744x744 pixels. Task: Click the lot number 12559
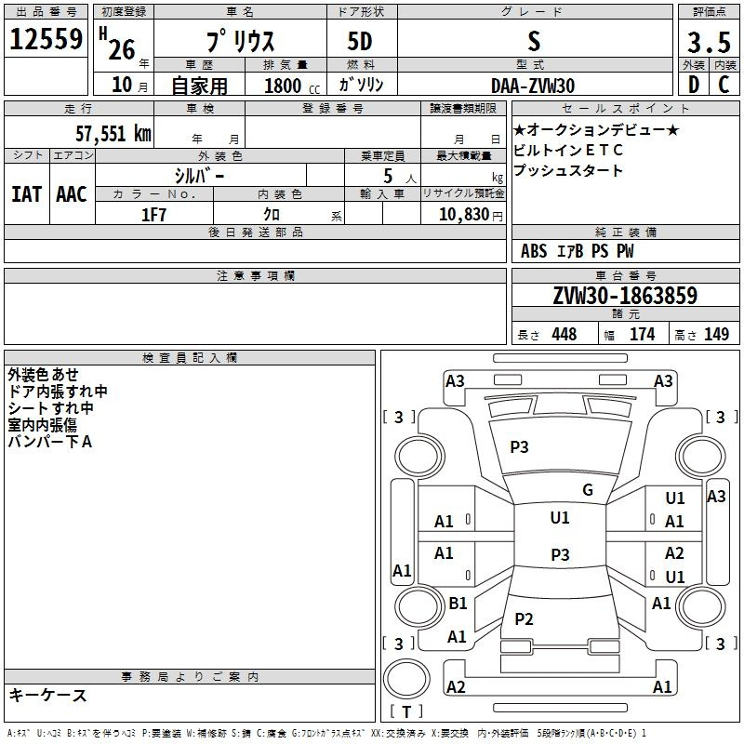(x=46, y=39)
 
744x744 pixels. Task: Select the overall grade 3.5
(x=709, y=42)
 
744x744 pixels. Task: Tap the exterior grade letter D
(x=694, y=85)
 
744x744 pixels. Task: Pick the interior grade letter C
(x=724, y=85)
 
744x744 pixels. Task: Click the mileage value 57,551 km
(x=113, y=134)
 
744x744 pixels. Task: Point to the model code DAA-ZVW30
(x=533, y=86)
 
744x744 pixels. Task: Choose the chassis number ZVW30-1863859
(x=625, y=295)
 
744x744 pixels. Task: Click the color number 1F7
(x=153, y=215)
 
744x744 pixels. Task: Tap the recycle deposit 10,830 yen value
(x=471, y=215)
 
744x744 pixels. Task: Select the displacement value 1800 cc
(x=292, y=86)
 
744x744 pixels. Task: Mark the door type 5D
(x=360, y=42)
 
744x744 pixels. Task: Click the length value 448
(x=565, y=334)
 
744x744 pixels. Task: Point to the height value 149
(x=716, y=334)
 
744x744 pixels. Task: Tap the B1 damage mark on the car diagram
(x=458, y=603)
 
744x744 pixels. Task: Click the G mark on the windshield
(x=588, y=490)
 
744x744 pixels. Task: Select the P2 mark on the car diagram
(x=524, y=618)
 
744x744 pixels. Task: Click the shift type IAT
(x=26, y=194)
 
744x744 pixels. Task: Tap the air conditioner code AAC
(x=72, y=194)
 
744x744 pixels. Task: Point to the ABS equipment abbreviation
(x=534, y=251)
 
